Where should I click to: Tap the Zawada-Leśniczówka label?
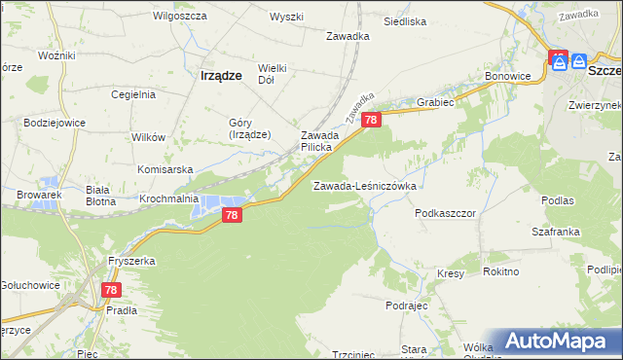(x=364, y=185)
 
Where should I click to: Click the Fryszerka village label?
(x=131, y=262)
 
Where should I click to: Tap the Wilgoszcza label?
(x=176, y=17)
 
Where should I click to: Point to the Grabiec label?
(x=435, y=100)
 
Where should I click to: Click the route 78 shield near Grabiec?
(x=371, y=119)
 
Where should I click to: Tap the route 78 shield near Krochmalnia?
(x=231, y=215)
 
